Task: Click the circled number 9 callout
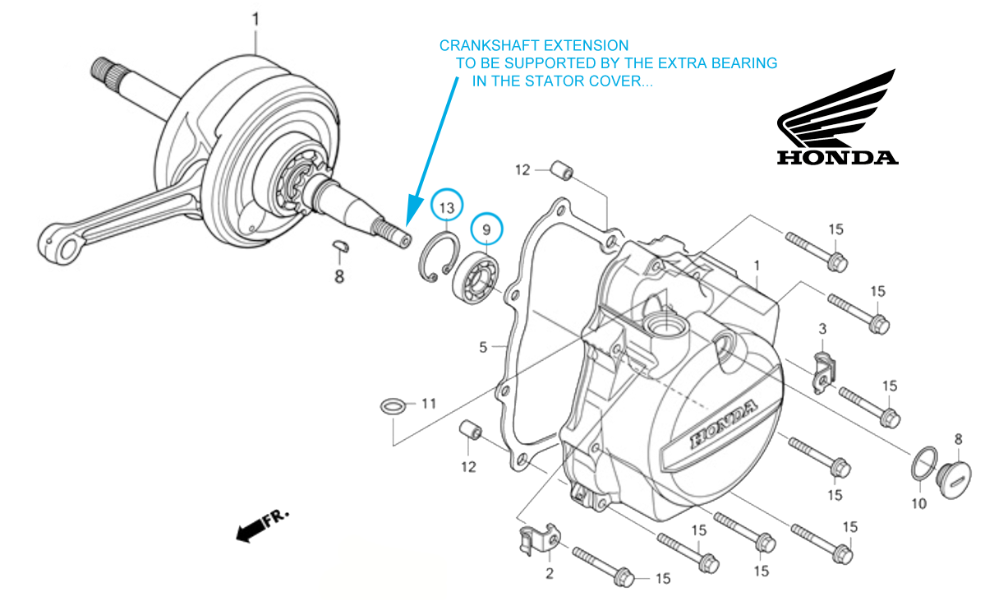click(x=486, y=229)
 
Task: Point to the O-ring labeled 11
click(x=394, y=405)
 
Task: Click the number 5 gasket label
click(x=484, y=347)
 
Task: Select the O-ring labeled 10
click(x=926, y=464)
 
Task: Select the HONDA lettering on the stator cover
click(x=723, y=425)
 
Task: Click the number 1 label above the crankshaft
click(x=255, y=18)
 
